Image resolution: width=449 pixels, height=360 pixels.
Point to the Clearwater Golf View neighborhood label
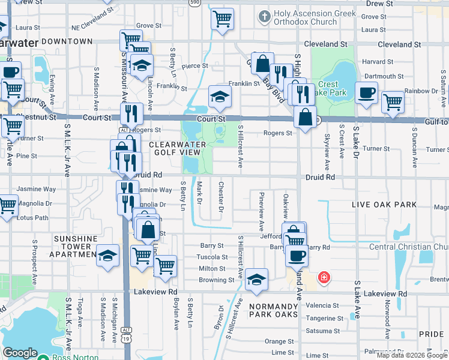178,149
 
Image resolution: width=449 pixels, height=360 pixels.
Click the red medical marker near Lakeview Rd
324,277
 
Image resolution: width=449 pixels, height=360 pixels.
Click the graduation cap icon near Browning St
256,279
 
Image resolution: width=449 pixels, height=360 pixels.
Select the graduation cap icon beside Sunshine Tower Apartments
108,255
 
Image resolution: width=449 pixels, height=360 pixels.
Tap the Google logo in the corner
20,353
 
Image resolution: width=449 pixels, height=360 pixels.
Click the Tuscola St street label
212,257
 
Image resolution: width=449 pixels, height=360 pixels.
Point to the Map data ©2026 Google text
412,355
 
